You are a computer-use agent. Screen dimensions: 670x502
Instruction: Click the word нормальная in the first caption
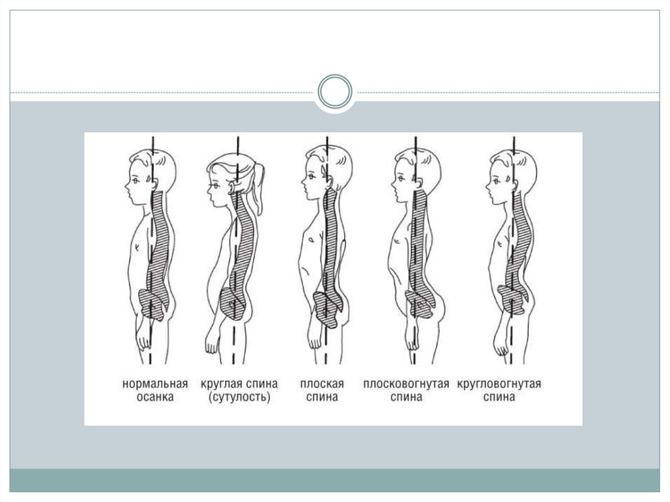[155, 384]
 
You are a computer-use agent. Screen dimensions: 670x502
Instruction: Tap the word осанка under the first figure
[155, 397]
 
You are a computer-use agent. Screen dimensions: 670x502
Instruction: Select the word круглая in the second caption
[220, 384]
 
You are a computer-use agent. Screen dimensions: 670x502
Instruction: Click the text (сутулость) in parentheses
[239, 397]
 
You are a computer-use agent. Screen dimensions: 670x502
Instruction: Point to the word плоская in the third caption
[322, 384]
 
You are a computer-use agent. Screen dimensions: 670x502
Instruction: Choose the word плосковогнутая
[406, 384]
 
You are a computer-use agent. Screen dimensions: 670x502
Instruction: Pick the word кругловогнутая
[499, 384]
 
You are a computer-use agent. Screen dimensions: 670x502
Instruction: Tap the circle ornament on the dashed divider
[335, 92]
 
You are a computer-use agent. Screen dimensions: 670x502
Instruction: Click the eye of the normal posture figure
[136, 181]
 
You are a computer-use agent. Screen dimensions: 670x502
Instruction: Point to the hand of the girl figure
[211, 342]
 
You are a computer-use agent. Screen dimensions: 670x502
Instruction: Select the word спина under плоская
[322, 397]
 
